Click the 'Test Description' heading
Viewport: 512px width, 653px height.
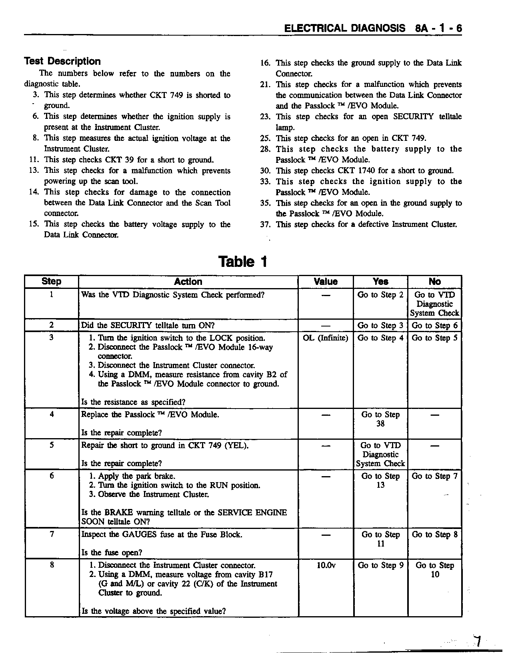pos(62,61)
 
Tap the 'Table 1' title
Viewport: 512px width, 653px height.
pos(242,262)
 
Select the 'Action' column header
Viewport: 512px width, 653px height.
pos(188,282)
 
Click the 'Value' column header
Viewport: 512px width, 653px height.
pos(326,282)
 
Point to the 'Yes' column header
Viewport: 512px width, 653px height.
pos(380,282)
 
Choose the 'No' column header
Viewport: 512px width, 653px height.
pos(434,282)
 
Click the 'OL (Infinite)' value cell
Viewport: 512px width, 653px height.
pos(326,338)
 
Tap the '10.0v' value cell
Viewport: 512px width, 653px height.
pos(326,565)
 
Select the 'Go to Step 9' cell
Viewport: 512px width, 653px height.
pos(380,565)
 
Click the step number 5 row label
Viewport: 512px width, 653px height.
pos(52,445)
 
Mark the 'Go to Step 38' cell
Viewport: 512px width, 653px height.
pos(380,419)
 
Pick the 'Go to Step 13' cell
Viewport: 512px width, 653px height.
pos(380,481)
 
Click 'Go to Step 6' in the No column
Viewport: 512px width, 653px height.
pos(434,326)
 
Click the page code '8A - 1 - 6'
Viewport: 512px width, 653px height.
pos(438,28)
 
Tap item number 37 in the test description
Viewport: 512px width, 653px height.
pos(265,224)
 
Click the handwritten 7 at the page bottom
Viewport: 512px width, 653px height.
pos(476,641)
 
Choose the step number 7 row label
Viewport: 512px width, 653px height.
pos(52,534)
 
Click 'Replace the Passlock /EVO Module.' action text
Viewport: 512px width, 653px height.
pos(150,415)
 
